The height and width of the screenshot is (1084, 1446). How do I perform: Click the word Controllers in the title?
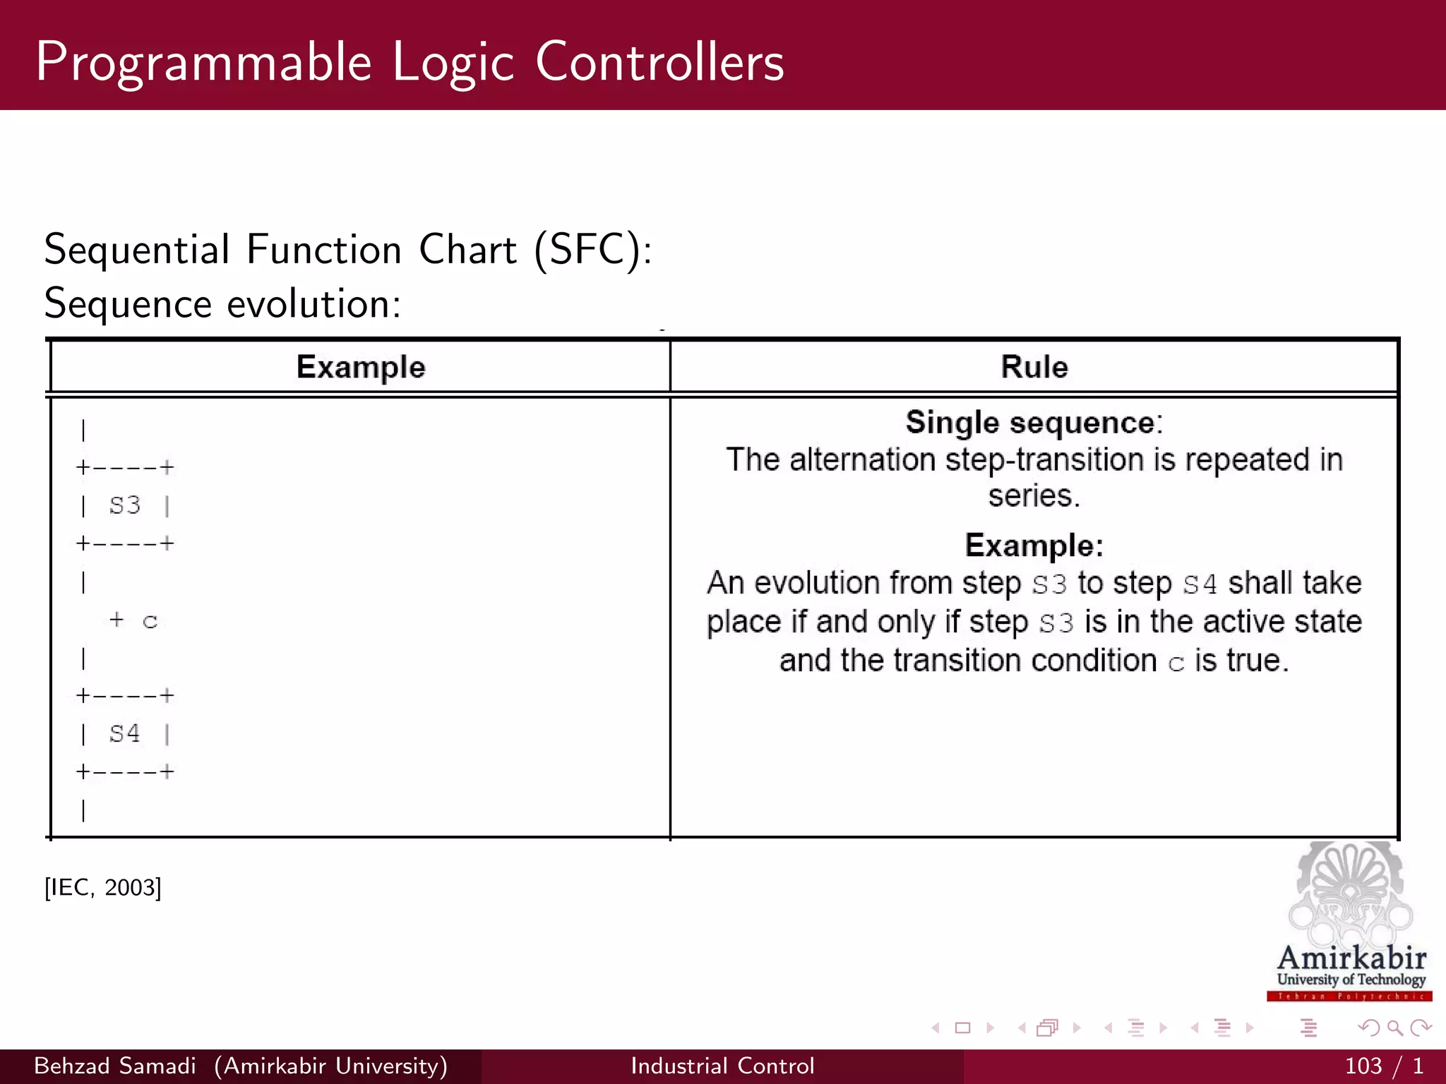(x=659, y=62)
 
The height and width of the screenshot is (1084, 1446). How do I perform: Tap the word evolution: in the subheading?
(x=313, y=304)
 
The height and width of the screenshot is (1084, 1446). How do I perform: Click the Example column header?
(x=361, y=367)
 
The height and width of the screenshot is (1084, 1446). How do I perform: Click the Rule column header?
(x=1034, y=367)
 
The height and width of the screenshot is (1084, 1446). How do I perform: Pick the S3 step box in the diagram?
(x=125, y=505)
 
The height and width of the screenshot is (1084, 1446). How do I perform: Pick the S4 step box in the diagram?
(x=125, y=734)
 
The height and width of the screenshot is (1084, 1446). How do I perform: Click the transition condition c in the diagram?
(x=150, y=621)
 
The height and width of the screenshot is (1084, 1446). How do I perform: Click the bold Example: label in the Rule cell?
(x=1034, y=546)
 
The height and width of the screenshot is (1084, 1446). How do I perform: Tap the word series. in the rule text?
(x=1034, y=496)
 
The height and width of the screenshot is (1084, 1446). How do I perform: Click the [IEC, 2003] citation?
(x=103, y=887)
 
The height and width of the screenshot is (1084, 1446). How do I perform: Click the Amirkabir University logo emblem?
(x=1350, y=893)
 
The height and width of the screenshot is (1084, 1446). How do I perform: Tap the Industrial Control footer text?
(x=722, y=1066)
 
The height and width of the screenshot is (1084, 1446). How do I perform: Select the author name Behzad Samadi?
(x=115, y=1066)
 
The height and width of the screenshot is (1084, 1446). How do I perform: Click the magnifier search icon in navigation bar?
(x=1394, y=1028)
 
